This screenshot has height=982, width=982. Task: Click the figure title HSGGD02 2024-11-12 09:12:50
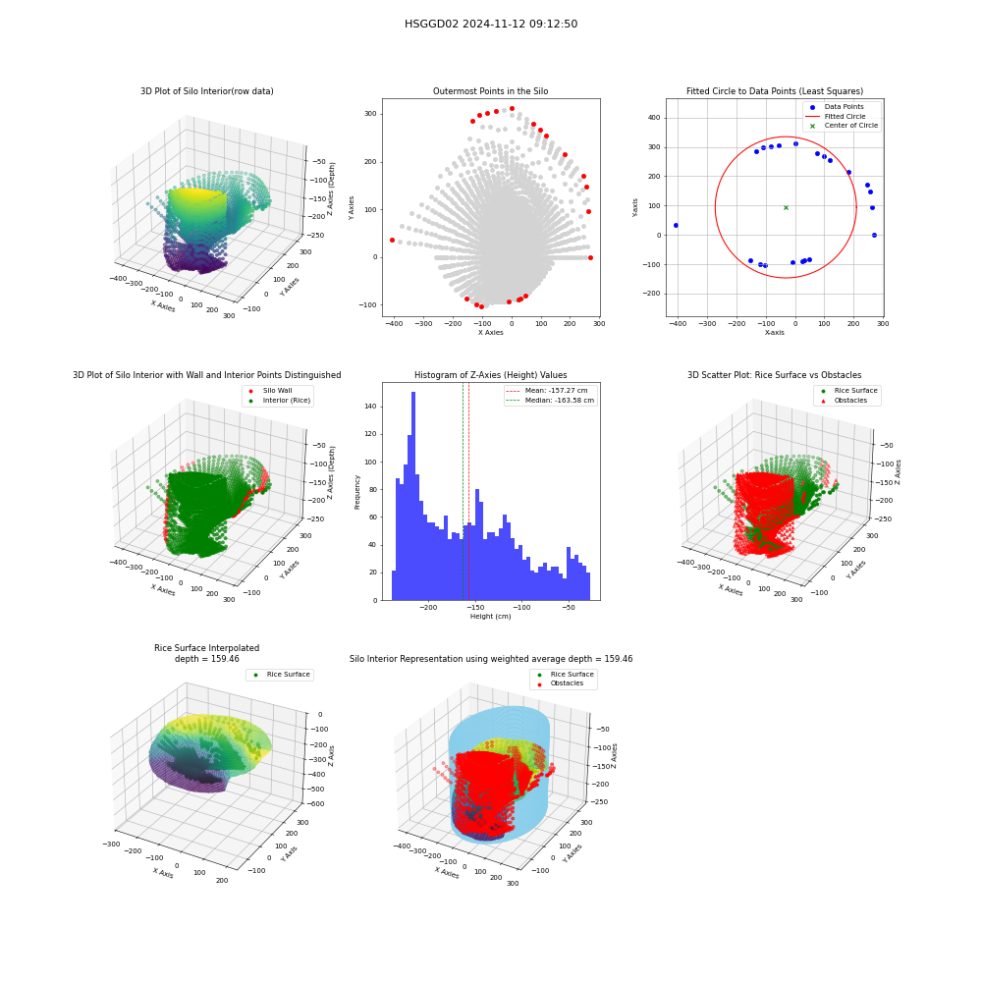click(491, 24)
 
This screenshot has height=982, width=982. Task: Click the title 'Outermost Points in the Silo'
click(490, 91)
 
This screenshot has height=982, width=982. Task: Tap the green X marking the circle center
click(786, 207)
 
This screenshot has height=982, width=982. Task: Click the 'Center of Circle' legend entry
click(842, 126)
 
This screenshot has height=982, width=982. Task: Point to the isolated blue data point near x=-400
click(676, 226)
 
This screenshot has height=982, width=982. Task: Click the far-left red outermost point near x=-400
click(392, 240)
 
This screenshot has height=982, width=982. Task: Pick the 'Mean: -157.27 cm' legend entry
click(547, 390)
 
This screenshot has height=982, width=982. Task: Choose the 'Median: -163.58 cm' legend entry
click(551, 401)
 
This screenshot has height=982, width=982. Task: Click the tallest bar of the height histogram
click(413, 496)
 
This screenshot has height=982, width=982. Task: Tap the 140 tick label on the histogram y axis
click(371, 407)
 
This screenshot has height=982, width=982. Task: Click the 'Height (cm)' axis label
click(490, 617)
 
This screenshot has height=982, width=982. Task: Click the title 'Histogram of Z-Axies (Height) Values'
click(490, 375)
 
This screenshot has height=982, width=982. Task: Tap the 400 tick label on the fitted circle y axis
click(654, 118)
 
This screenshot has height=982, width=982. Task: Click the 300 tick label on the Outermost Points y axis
click(371, 114)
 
